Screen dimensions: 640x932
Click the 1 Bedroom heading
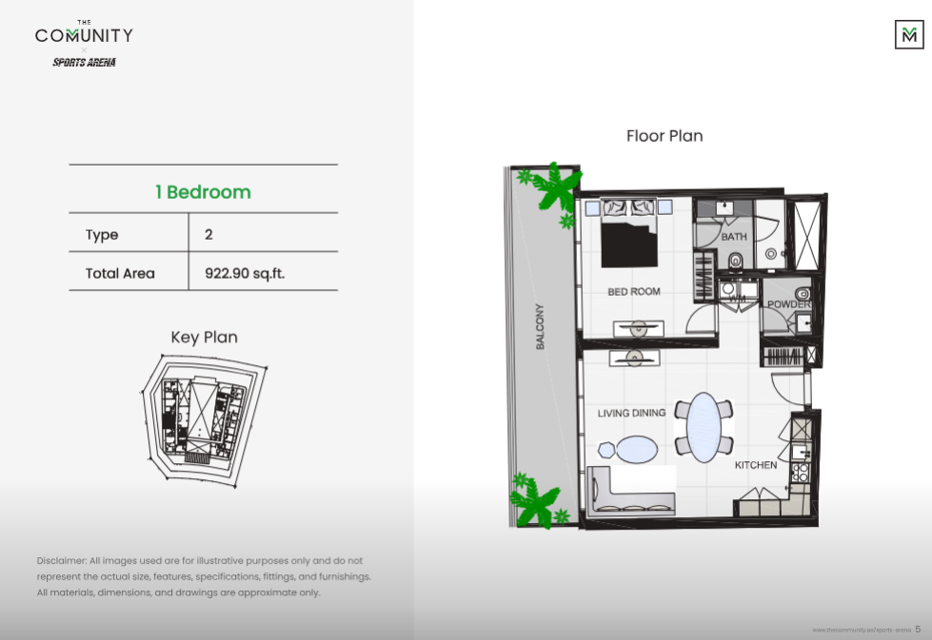tap(203, 192)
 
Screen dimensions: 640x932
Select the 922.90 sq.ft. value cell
tap(245, 273)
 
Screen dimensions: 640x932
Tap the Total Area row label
tap(120, 273)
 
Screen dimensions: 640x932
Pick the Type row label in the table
tap(102, 234)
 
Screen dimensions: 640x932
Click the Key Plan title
tap(204, 337)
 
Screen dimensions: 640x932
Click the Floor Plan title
tap(664, 136)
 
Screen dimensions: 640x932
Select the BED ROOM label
tap(634, 292)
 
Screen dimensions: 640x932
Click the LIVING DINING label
tap(631, 414)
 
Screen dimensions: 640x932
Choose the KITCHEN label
tap(755, 465)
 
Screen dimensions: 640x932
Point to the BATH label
tap(734, 237)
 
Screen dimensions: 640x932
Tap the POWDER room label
tap(788, 304)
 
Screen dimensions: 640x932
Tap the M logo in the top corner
tap(908, 35)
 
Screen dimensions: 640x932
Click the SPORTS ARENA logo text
tap(84, 63)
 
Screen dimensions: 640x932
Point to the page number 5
tap(918, 629)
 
